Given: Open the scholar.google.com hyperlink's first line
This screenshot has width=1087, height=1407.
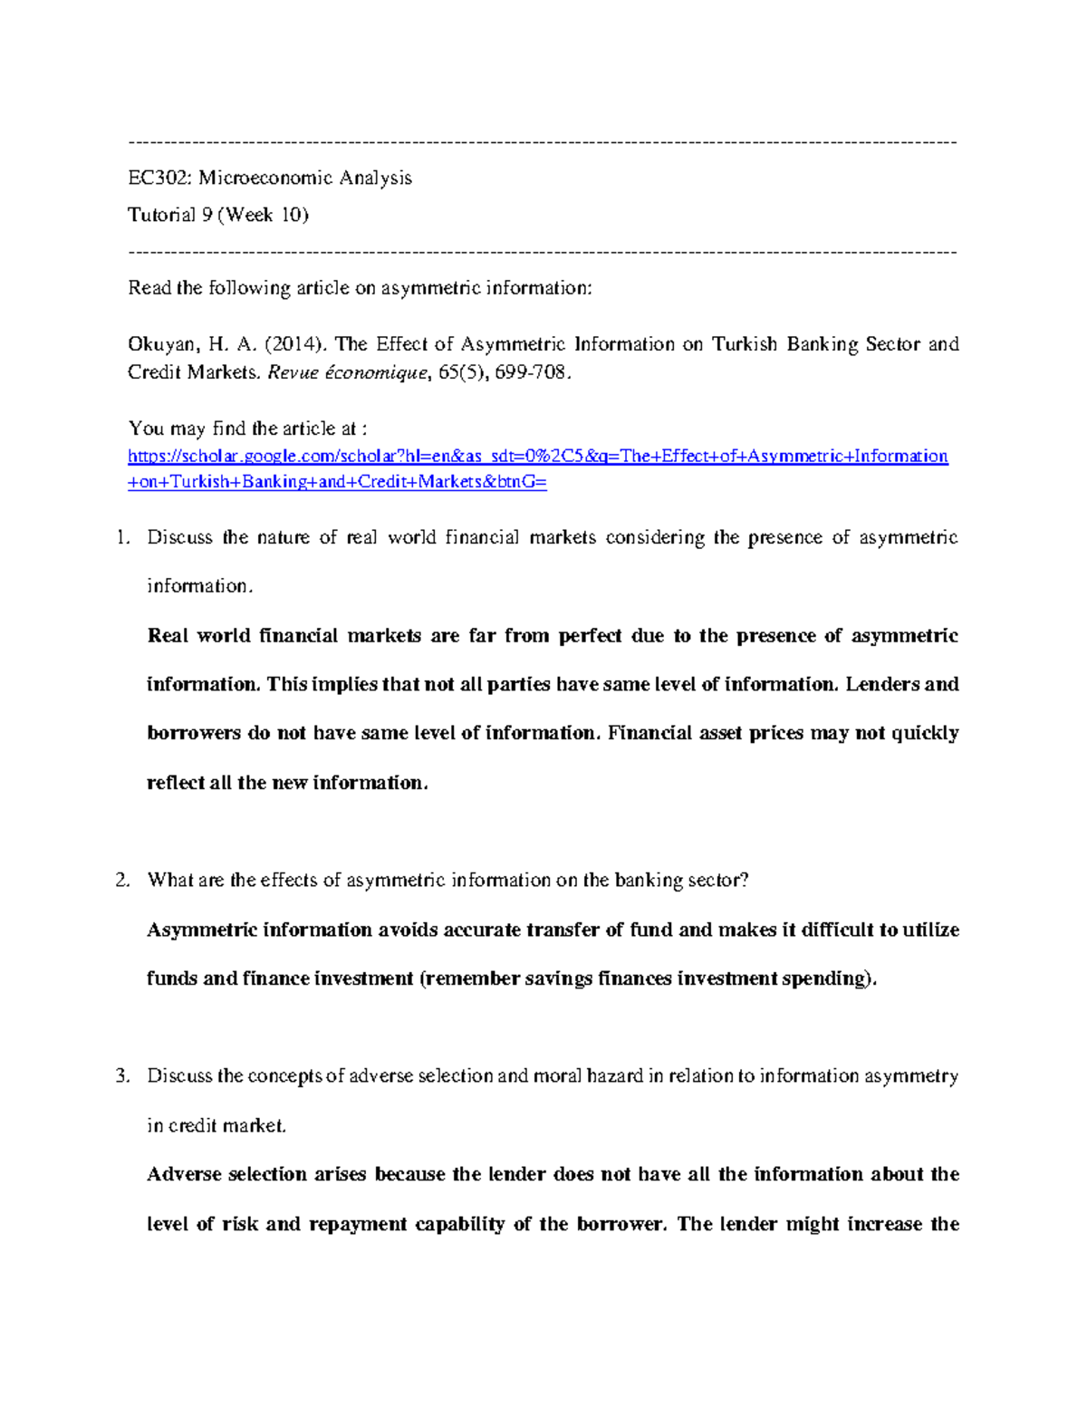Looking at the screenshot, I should pyautogui.click(x=538, y=456).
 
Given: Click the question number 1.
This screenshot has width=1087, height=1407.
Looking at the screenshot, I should pyautogui.click(x=122, y=537).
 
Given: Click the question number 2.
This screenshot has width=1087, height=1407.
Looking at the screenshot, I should pyautogui.click(x=122, y=880).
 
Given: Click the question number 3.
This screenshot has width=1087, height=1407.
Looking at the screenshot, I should pyautogui.click(x=122, y=1076).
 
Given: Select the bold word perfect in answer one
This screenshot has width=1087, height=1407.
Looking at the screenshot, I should pyautogui.click(x=590, y=636).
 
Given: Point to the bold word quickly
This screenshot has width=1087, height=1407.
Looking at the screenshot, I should pyautogui.click(x=925, y=733).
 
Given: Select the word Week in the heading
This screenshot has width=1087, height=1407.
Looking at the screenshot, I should pyautogui.click(x=249, y=215).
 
